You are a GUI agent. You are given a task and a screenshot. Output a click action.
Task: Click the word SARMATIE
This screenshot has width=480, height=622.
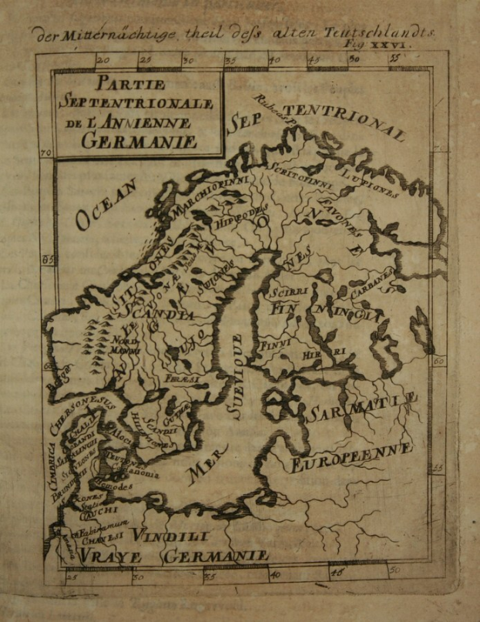361,408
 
